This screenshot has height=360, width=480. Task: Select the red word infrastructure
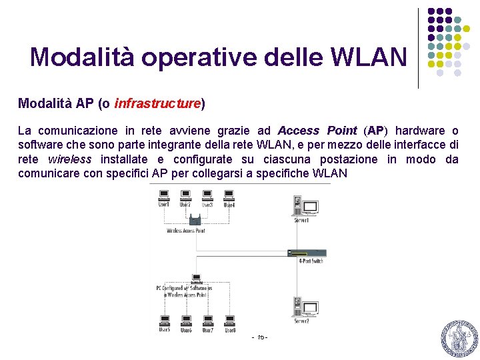(x=158, y=103)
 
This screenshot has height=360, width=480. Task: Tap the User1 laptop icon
(x=163, y=195)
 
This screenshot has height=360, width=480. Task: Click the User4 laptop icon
(x=229, y=195)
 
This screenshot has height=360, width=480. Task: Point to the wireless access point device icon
(x=195, y=220)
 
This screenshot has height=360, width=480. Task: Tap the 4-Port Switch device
(x=307, y=253)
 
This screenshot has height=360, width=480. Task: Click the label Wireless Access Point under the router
(x=186, y=231)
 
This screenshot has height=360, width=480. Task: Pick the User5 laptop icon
(x=164, y=321)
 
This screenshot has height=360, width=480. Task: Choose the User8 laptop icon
(x=229, y=321)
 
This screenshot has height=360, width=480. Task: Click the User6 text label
(x=186, y=331)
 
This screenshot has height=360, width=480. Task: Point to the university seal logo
(x=458, y=339)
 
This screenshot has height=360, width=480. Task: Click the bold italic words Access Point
(x=317, y=131)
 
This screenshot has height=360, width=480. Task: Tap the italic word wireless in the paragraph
(x=69, y=159)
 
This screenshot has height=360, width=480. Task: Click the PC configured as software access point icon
(x=197, y=277)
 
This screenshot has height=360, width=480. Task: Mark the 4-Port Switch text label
(x=311, y=261)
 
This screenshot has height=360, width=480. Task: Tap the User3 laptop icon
(x=207, y=195)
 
